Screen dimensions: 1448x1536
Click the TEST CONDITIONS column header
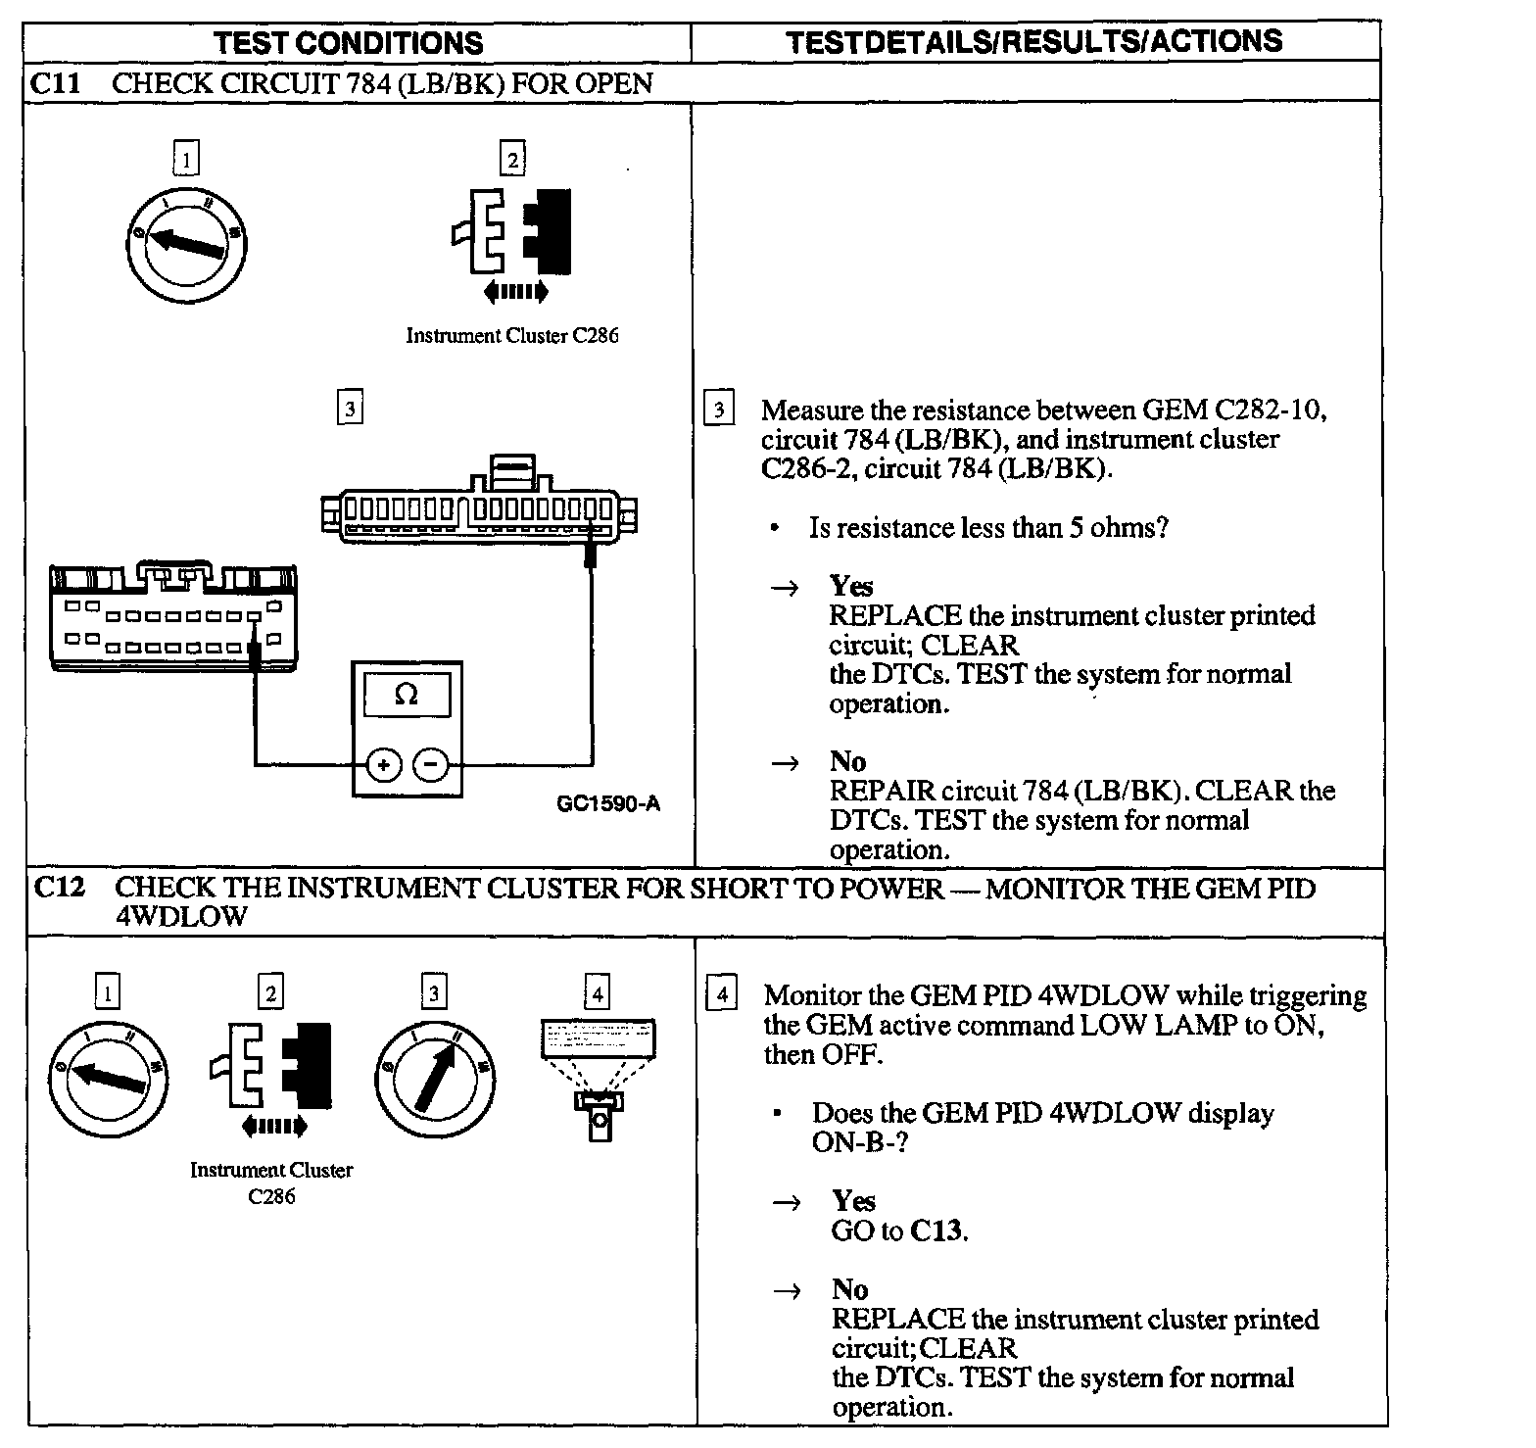click(x=349, y=42)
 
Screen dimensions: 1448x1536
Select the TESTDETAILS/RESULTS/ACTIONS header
click(x=1033, y=41)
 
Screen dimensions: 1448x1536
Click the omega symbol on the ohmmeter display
click(x=406, y=695)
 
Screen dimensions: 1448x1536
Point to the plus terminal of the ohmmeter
click(x=384, y=764)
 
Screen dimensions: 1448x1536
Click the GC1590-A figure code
click(x=608, y=804)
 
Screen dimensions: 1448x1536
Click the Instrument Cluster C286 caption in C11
click(x=512, y=336)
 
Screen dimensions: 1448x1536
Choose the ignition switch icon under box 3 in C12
click(x=434, y=1079)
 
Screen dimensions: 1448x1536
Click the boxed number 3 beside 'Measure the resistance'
click(x=719, y=409)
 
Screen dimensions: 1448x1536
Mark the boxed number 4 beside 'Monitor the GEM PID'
click(x=721, y=995)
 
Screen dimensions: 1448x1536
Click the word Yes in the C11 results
click(x=851, y=586)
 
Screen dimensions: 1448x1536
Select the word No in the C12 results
click(x=849, y=1289)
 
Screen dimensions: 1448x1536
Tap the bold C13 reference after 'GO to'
click(x=936, y=1231)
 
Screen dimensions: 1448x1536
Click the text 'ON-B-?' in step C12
click(x=860, y=1142)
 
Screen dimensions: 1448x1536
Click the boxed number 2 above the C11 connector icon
click(x=512, y=158)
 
